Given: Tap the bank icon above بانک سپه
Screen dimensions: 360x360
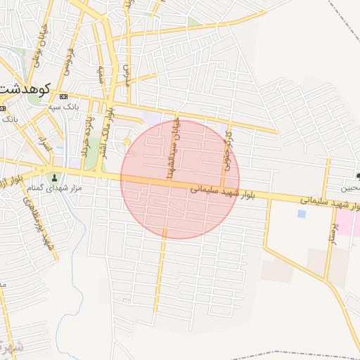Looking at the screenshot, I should (64, 96).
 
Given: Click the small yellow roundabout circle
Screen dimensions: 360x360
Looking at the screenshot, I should (126, 144).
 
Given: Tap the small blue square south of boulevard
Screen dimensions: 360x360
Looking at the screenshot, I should (302, 214).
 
